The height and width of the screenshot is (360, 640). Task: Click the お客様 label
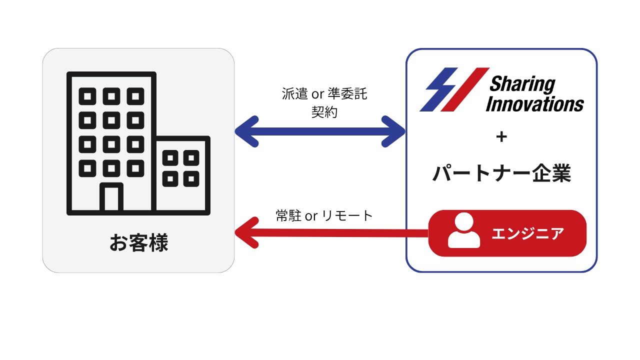138,243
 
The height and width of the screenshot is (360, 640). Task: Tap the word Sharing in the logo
522,84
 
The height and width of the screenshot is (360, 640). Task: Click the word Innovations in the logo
534,104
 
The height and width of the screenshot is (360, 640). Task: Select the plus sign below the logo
501,136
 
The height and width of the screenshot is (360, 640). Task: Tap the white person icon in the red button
464,230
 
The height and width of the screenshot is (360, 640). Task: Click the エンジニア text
527,233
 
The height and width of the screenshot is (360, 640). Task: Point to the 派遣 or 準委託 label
324,94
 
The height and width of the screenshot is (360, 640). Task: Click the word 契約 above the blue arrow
324,112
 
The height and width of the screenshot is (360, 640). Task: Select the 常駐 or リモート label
324,215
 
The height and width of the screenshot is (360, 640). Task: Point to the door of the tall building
111,198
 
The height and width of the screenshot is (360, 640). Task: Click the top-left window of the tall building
87,96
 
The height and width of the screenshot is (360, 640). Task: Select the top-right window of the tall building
135,96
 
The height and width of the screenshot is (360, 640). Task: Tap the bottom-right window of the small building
191,178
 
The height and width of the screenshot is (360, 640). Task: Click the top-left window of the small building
170,158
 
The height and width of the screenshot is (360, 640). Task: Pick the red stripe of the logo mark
465,89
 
